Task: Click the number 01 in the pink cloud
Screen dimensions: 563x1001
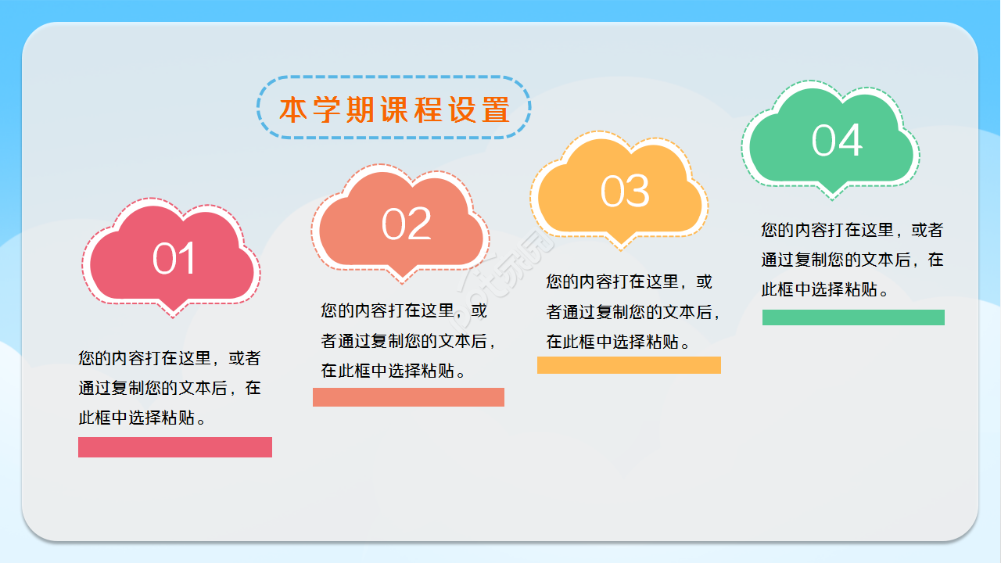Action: (174, 259)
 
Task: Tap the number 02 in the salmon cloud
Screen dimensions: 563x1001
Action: (406, 224)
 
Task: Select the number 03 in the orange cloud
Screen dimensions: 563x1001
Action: (625, 192)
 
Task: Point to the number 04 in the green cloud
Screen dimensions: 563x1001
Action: (836, 141)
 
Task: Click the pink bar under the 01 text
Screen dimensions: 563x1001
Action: (174, 447)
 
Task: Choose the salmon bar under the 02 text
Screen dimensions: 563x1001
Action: (408, 397)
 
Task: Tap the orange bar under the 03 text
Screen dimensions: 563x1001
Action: (629, 365)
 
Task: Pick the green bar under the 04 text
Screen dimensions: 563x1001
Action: (853, 317)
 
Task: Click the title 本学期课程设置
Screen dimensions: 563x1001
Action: (394, 109)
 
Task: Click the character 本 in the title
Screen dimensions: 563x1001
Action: (292, 110)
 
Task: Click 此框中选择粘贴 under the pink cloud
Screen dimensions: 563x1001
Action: (135, 418)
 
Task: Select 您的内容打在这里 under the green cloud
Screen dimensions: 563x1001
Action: (827, 230)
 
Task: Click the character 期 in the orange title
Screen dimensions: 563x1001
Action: (360, 110)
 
